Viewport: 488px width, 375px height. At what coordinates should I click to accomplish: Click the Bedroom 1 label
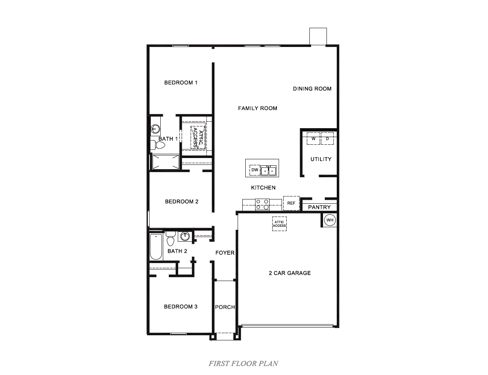click(x=181, y=82)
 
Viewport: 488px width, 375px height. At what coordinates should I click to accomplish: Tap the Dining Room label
click(x=312, y=89)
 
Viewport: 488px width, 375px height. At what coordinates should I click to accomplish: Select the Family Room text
click(x=257, y=108)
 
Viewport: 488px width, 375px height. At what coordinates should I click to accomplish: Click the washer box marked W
click(x=313, y=139)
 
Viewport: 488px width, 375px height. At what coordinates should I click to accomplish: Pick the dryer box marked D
click(x=327, y=139)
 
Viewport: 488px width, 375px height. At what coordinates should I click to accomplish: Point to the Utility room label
click(x=321, y=159)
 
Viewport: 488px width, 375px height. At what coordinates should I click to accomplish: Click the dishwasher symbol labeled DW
click(x=255, y=170)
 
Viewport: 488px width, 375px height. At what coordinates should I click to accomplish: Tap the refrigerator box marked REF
click(x=291, y=203)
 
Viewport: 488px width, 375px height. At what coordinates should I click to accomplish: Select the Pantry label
click(x=319, y=207)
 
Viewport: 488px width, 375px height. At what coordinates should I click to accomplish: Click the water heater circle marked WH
click(x=330, y=220)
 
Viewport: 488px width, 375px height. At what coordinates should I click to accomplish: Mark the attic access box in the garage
click(x=279, y=223)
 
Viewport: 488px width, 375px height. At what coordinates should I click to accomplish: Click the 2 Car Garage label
click(x=290, y=273)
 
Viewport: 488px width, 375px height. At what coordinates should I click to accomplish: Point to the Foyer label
click(x=225, y=253)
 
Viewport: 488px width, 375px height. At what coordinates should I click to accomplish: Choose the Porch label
click(x=225, y=307)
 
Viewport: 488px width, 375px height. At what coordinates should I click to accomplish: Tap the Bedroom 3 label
click(x=181, y=307)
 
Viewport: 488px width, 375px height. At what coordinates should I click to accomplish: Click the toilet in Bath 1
click(x=159, y=145)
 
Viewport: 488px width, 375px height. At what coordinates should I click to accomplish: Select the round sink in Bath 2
click(x=185, y=236)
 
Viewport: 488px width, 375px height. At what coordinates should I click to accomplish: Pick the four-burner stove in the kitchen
click(x=262, y=205)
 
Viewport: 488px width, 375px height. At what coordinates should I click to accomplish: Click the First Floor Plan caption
click(x=244, y=364)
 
